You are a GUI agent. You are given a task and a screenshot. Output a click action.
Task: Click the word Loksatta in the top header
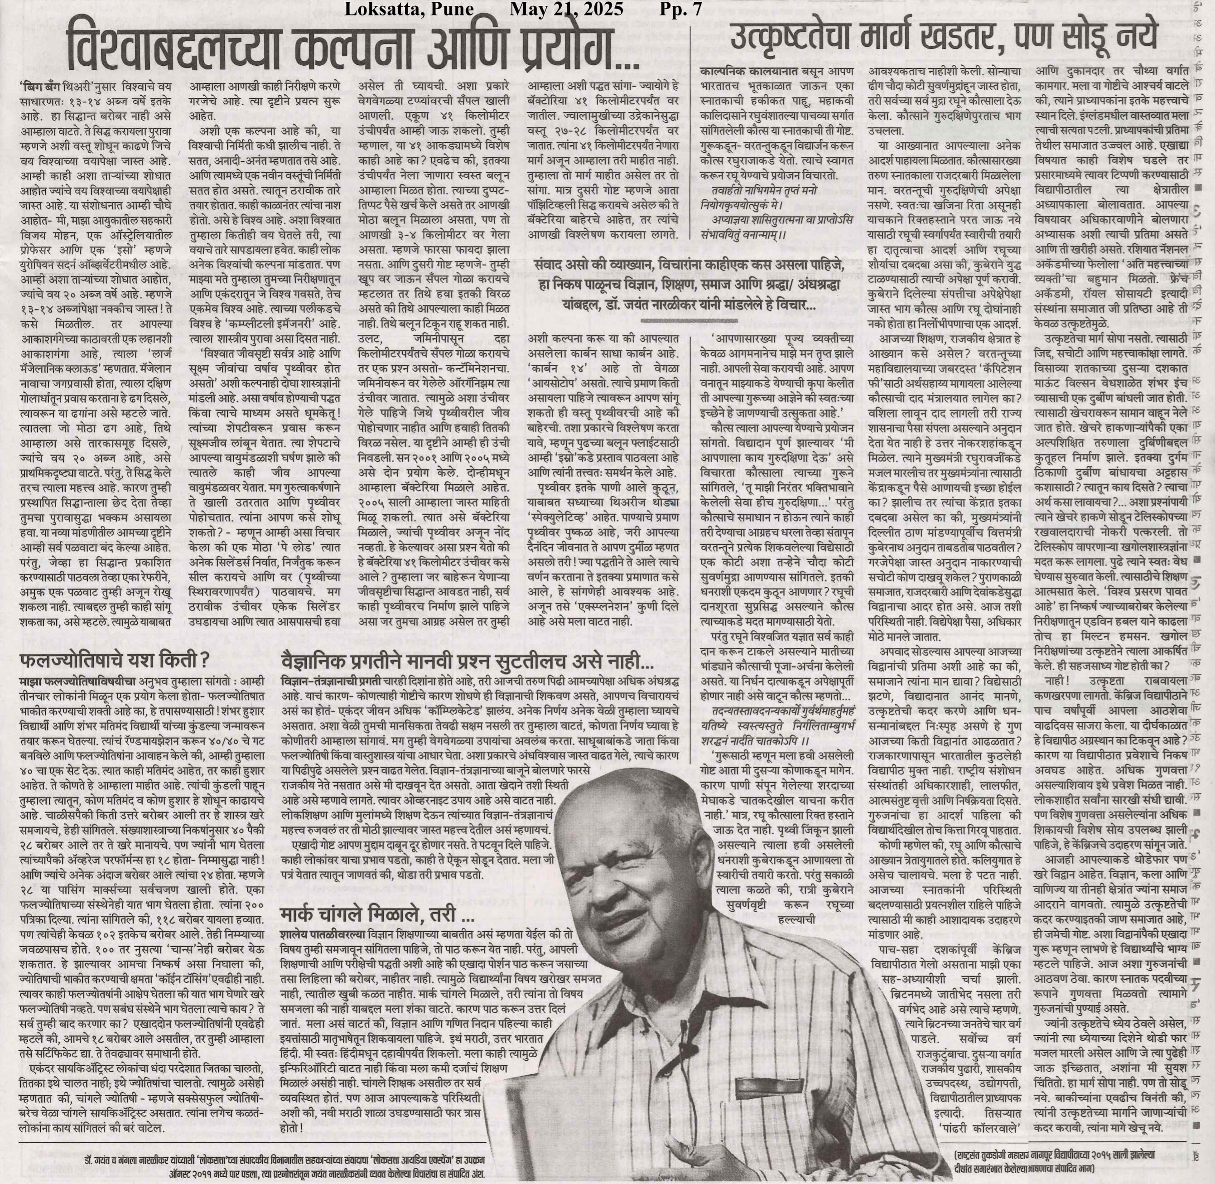click(377, 10)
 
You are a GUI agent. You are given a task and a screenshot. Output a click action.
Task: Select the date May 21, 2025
click(566, 10)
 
